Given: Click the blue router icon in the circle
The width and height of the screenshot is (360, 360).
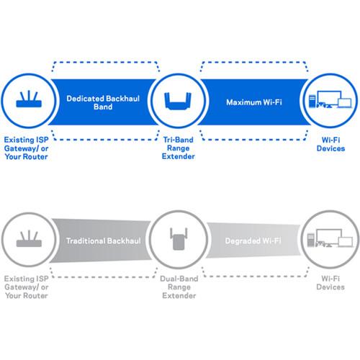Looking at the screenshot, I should click(27, 101).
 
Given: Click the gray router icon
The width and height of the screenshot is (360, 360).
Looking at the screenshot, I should click(27, 240).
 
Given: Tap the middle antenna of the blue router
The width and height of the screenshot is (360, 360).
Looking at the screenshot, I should click(27, 94).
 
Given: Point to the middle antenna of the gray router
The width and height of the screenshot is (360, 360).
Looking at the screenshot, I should click(27, 233).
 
